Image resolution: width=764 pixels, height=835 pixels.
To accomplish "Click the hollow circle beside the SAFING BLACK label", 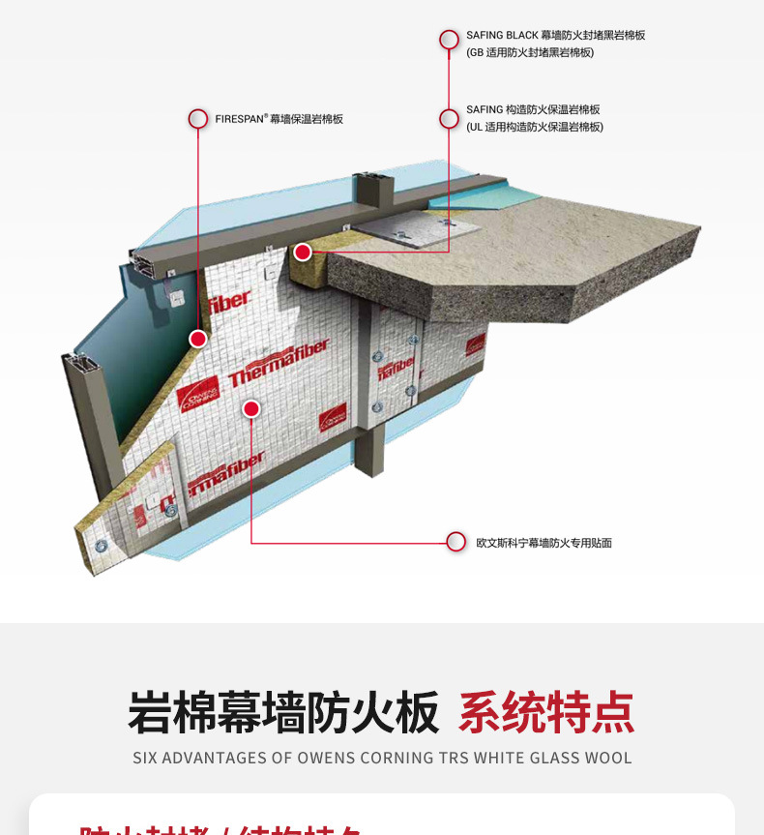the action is [449, 40].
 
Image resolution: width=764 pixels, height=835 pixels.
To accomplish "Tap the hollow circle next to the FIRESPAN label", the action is [198, 119].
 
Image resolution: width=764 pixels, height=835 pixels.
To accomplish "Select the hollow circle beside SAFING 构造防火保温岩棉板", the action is [449, 119].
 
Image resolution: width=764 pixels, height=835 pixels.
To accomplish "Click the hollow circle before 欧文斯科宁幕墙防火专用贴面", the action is [456, 542].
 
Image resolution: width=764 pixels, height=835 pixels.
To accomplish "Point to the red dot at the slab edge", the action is [303, 252].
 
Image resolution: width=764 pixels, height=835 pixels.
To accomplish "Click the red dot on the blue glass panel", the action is [198, 339].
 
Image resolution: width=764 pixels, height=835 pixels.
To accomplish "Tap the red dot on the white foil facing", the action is [251, 408].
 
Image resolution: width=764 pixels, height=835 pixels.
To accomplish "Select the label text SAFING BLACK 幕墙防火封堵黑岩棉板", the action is [555, 36].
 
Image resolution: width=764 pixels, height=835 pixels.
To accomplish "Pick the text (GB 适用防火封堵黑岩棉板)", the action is [530, 52].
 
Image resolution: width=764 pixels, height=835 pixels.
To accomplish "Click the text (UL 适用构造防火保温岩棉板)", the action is [534, 127].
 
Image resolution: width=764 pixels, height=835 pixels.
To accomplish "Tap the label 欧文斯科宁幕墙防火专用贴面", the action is [544, 543].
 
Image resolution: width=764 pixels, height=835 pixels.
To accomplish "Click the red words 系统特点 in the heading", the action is [546, 713].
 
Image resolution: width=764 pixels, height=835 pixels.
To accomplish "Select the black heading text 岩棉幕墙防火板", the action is [283, 713].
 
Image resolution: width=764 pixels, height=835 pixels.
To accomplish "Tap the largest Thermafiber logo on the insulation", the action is [279, 362].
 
